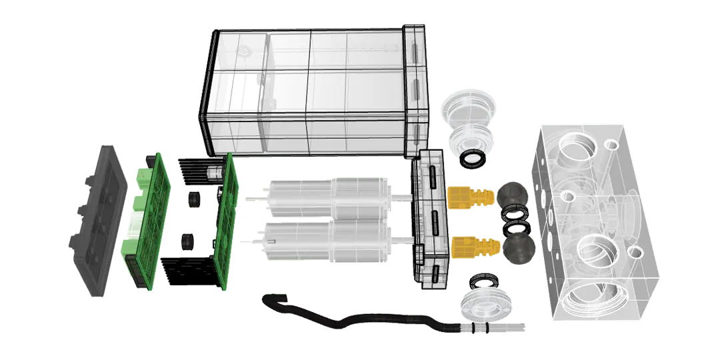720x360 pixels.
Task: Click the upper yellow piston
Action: pos(470,196)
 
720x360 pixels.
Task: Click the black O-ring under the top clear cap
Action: pos(475,159)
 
